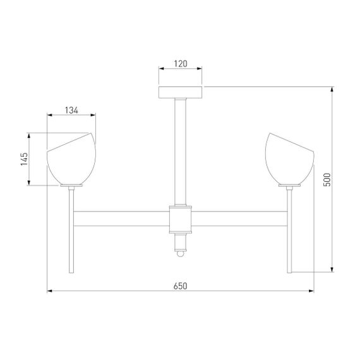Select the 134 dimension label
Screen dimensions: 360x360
coord(71,110)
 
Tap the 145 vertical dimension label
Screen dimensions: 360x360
coord(23,159)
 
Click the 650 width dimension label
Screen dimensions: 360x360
coord(180,285)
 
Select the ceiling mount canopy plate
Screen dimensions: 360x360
coord(180,93)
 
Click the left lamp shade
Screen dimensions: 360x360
coord(71,161)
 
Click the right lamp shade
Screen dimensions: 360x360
coord(289,161)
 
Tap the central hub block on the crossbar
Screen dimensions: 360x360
coord(180,219)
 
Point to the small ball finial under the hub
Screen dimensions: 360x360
coord(180,254)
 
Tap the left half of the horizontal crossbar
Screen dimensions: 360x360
coord(123,219)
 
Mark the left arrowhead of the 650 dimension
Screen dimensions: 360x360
coord(50,291)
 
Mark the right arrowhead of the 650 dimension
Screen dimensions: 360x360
coord(311,291)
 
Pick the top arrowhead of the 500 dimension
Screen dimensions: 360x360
coord(333,88)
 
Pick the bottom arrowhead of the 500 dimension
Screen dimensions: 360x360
coord(333,270)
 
